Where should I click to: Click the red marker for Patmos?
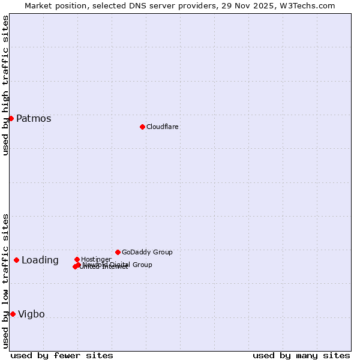tap(11, 118)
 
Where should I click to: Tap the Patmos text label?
tap(34, 119)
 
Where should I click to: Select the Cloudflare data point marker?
tap(142, 127)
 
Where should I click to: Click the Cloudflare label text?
tap(163, 127)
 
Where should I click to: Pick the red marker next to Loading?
tap(16, 260)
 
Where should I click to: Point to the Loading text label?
tap(40, 260)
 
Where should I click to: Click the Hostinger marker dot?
tap(77, 259)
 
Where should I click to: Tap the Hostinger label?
tap(96, 259)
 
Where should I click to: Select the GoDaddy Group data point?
tap(118, 252)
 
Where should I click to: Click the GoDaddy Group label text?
tap(147, 252)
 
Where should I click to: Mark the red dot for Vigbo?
tap(13, 314)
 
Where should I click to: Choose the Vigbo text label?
tap(31, 314)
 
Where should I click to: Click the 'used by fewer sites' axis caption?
tap(62, 356)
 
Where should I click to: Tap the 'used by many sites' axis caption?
tap(301, 356)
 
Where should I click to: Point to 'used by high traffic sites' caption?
tap(6, 85)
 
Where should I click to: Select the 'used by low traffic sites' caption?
tap(6, 281)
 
